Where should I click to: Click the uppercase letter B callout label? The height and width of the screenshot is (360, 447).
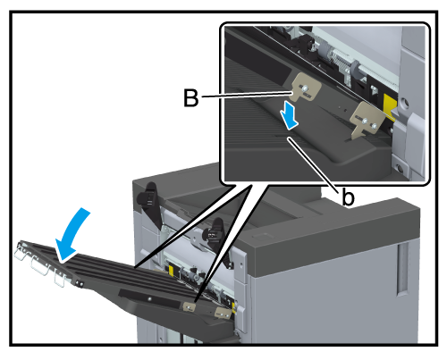(190, 97)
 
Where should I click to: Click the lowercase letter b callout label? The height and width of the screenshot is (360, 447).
(348, 197)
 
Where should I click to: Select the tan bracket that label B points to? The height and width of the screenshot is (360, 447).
(305, 88)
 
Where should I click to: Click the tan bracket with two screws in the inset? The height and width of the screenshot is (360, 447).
(367, 120)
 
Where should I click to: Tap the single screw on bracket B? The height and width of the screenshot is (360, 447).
(304, 88)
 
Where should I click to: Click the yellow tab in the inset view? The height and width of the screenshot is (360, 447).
(391, 106)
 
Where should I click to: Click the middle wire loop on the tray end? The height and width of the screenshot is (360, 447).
(39, 265)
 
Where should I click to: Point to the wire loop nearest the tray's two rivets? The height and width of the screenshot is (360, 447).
(60, 279)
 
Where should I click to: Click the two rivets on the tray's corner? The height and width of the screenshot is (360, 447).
(80, 284)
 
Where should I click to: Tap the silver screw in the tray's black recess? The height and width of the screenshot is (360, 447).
(150, 298)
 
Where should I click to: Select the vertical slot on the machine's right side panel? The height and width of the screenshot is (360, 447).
(402, 270)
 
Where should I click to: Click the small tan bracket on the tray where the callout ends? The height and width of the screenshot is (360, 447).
(190, 306)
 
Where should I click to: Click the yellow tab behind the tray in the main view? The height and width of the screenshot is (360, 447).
(172, 271)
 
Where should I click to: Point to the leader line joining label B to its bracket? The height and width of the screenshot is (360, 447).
(246, 95)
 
